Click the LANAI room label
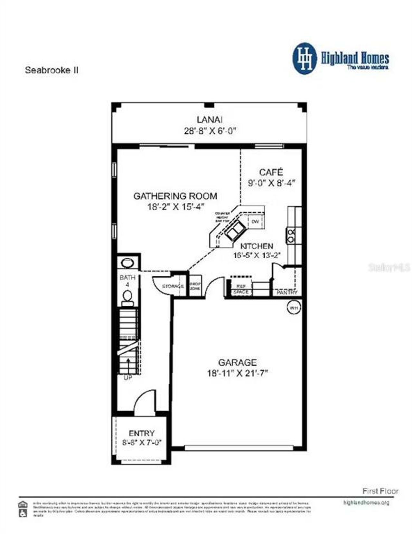pyautogui.click(x=210, y=119)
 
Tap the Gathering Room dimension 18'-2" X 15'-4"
pyautogui.click(x=176, y=207)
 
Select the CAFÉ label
pyautogui.click(x=271, y=172)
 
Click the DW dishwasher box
pyautogui.click(x=255, y=222)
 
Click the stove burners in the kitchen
pyautogui.click(x=291, y=235)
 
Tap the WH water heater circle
pyautogui.click(x=293, y=308)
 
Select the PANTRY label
pyautogui.click(x=287, y=292)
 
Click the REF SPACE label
pyautogui.click(x=241, y=289)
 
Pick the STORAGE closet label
pyautogui.click(x=173, y=286)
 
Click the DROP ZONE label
pyautogui.click(x=195, y=286)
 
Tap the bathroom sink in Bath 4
pyautogui.click(x=127, y=263)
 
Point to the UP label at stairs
pyautogui.click(x=128, y=378)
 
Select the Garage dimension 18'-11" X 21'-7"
pyautogui.click(x=238, y=373)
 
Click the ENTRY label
pyautogui.click(x=142, y=433)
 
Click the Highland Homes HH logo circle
pyautogui.click(x=304, y=59)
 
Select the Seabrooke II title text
pyautogui.click(x=51, y=70)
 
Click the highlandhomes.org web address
pyautogui.click(x=366, y=502)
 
